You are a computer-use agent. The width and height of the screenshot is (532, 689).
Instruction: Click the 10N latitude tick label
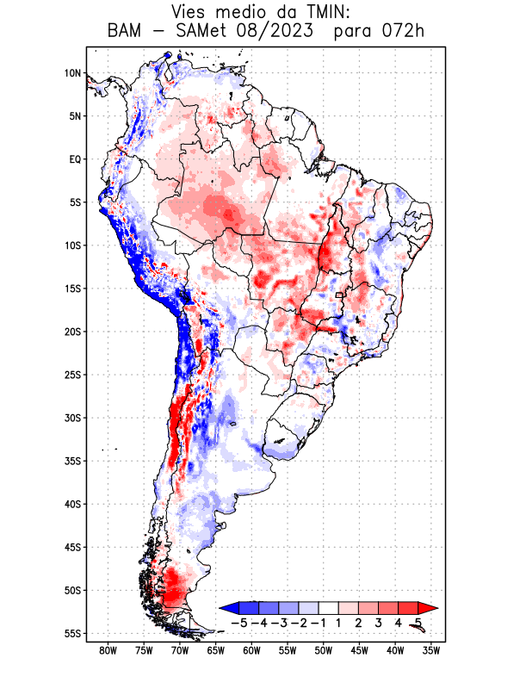[x=72, y=73]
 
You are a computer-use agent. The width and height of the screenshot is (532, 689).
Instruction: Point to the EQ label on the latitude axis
[x=75, y=159]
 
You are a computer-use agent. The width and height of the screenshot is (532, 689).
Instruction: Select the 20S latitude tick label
[x=72, y=332]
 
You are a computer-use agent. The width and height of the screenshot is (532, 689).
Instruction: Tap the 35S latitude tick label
[x=72, y=461]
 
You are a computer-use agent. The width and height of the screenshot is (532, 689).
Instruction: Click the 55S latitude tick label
[x=72, y=634]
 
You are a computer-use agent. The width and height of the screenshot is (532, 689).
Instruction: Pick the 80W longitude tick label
[x=108, y=650]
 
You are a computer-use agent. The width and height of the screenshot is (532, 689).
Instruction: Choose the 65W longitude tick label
[x=216, y=650]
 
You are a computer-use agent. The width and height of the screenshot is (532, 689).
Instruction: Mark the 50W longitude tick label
[x=324, y=650]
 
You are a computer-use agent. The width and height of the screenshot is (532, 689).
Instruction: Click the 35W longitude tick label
[x=431, y=650]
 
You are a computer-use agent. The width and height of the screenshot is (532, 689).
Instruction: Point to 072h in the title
[x=405, y=32]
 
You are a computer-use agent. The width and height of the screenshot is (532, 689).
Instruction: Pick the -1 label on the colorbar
[x=319, y=623]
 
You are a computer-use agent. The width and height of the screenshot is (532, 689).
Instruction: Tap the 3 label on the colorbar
[x=378, y=623]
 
